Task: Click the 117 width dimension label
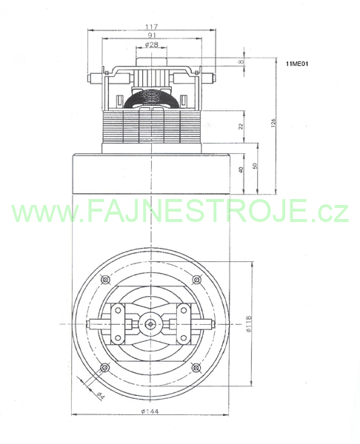pos(151,27)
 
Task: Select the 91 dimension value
pos(152,36)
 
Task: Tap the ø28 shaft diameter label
pos(151,44)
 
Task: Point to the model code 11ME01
pos(297,64)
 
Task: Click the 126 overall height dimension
pos(273,123)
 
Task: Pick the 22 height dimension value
pos(241,127)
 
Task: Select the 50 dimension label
pos(254,166)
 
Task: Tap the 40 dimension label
pos(241,170)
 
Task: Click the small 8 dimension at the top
pos(241,61)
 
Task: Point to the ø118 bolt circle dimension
pos(249,324)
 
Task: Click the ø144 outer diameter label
pos(150,411)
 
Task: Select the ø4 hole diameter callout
pos(100,395)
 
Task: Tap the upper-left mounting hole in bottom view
pos(105,280)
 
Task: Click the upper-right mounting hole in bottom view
pos(196,280)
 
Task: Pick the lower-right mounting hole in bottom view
pos(196,368)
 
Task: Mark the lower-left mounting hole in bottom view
pos(105,368)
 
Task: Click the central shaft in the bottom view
pos(150,324)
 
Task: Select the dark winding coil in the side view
pos(152,98)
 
